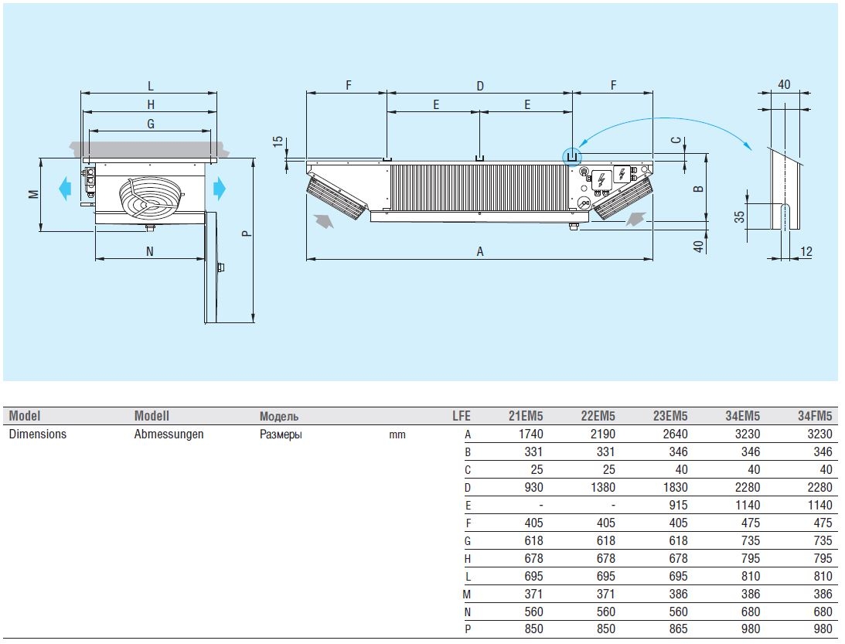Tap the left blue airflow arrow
(x=65, y=188)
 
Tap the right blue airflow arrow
(x=220, y=188)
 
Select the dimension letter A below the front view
(x=480, y=251)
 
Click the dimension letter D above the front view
(x=480, y=86)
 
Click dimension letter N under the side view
(x=150, y=251)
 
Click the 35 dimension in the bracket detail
(x=740, y=216)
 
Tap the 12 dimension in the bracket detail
(x=806, y=251)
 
